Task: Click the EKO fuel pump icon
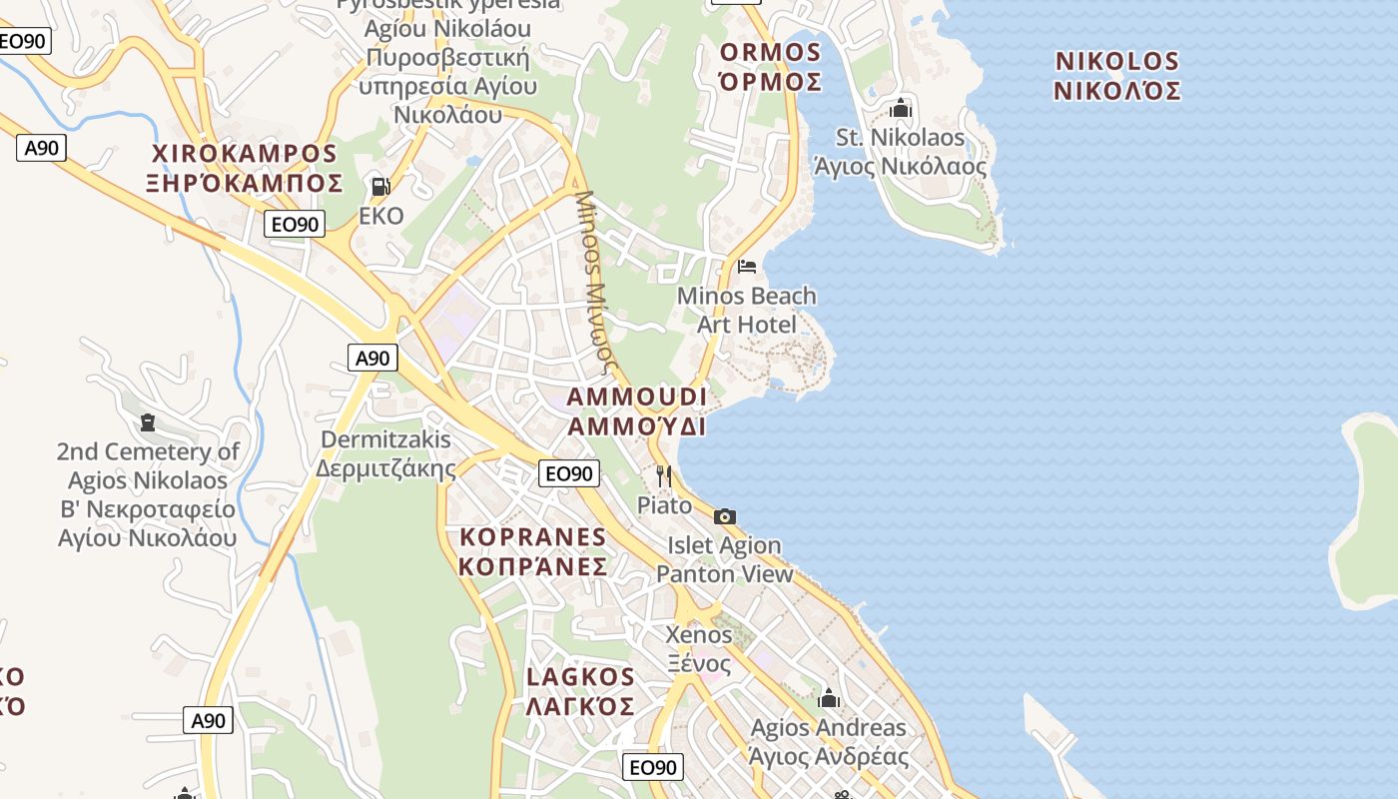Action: click(380, 186)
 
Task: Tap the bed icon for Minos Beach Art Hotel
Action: click(747, 266)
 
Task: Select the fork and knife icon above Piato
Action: click(664, 476)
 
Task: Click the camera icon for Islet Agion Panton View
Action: click(725, 516)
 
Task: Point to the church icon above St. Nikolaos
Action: click(901, 108)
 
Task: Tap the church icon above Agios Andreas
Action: click(829, 698)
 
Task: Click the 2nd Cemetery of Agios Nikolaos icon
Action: click(149, 422)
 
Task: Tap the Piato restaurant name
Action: click(664, 505)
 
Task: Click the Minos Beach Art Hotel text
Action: click(746, 310)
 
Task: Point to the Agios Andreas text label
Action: click(829, 741)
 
